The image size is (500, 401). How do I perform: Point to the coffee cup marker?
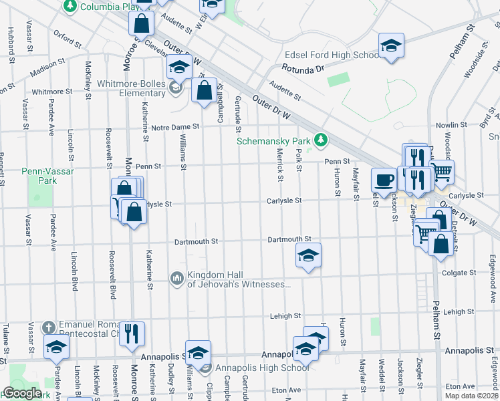[x=384, y=179]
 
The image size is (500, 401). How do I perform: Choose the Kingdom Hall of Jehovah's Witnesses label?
[x=239, y=279]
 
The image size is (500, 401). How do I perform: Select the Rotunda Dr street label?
[x=302, y=68]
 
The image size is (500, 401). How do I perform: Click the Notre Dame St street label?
[x=176, y=126]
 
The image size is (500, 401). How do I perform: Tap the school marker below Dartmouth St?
[x=308, y=255]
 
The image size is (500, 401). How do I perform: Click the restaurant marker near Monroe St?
[x=132, y=333]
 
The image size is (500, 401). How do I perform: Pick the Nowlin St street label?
[x=451, y=125]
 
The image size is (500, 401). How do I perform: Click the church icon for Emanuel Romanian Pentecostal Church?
[x=48, y=327]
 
